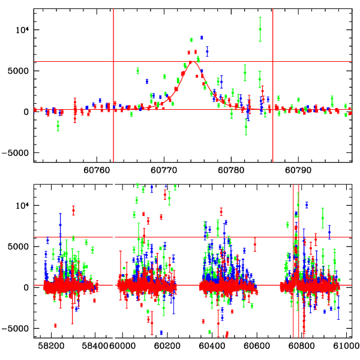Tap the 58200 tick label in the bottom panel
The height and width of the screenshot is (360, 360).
click(52, 346)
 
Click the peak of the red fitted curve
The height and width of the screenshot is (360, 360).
click(191, 62)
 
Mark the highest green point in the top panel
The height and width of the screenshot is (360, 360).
click(260, 29)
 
